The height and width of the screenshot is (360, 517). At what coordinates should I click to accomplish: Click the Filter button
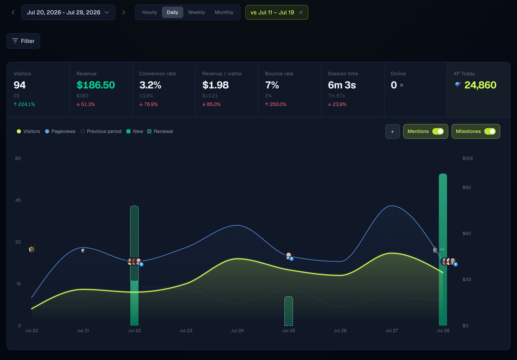23,41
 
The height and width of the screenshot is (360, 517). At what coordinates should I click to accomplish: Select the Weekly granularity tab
196,12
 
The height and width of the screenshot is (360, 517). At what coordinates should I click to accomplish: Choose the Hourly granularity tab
149,12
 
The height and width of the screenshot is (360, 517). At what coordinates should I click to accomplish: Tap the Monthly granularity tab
224,12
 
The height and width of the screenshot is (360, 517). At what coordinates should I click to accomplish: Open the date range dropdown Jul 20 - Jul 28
68,12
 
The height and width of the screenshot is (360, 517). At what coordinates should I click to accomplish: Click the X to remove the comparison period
301,13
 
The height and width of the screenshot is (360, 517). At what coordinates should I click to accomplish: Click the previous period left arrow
13,13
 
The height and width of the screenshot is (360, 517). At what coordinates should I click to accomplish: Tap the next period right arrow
124,13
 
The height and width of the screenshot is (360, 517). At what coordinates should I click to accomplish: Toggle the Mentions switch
438,131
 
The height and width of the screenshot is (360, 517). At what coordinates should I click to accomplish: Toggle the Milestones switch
490,131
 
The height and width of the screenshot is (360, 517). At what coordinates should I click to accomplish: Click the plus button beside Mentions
392,131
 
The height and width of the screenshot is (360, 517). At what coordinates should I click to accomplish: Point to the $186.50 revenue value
96,85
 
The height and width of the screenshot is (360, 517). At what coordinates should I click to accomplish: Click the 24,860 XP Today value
480,85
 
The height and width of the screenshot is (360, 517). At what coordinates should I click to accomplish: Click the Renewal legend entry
160,131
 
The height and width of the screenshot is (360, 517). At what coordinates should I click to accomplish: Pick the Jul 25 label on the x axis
289,331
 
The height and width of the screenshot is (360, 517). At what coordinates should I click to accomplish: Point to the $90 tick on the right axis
467,187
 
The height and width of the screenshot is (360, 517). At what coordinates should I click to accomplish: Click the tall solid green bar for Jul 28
443,249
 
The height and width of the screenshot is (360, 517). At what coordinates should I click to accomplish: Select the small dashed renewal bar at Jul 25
289,311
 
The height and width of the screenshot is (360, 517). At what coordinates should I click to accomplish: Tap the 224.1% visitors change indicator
24,104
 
